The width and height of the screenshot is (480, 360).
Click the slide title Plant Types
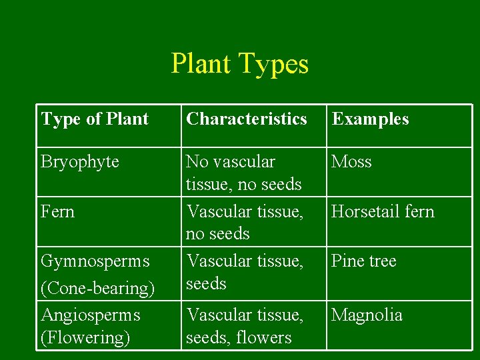pos(240,64)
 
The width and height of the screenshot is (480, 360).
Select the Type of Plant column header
pos(95,119)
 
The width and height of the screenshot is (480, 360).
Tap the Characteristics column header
pos(247,119)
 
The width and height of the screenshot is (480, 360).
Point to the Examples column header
pos(371,119)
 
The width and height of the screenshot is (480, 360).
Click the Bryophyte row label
pos(80,162)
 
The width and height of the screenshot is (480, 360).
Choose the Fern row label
pos(57,212)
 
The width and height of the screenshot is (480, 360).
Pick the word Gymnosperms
pos(95,261)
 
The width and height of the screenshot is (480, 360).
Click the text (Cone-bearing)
pos(98,288)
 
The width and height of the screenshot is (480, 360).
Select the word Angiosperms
pos(91,315)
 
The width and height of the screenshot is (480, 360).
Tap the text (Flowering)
pos(85,337)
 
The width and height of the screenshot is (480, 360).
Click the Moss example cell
pos(352,162)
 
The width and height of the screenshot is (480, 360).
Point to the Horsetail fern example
pos(383,212)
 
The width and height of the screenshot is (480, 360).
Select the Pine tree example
pos(363,261)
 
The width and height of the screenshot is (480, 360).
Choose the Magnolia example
pos(367,315)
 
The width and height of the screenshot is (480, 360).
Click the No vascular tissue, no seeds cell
pos(244,173)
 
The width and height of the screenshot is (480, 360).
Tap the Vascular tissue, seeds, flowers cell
pos(245,326)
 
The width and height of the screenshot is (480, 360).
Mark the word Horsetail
pos(366,212)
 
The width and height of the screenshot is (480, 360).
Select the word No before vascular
pos(197,162)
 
